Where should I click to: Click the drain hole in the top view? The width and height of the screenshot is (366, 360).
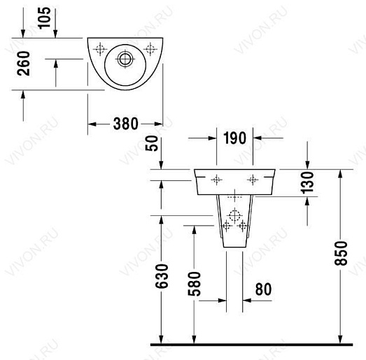126,58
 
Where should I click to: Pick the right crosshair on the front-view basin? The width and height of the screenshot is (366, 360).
252,180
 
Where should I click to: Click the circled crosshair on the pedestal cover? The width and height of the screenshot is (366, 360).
234,215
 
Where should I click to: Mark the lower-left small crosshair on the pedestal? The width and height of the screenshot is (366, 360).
226,226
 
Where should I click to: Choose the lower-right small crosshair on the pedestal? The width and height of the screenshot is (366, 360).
242,226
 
